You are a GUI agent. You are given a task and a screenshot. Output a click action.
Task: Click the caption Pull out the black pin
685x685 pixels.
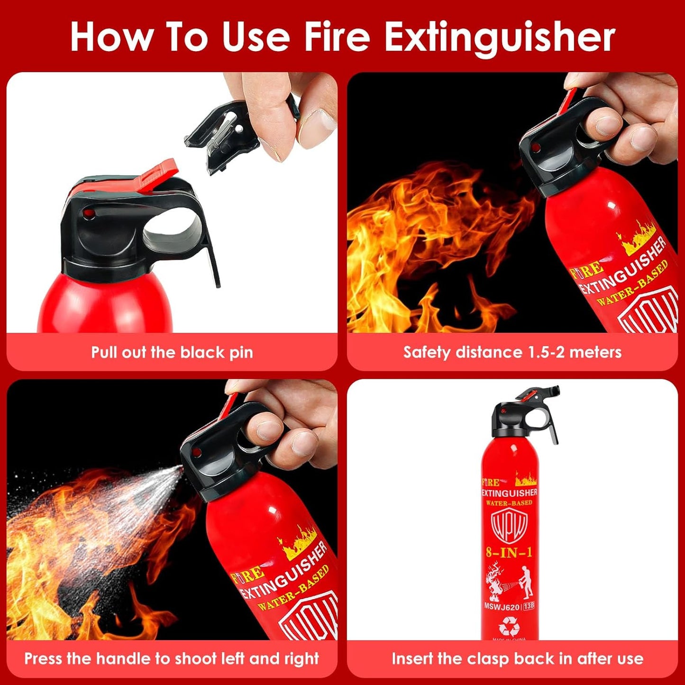click(172, 353)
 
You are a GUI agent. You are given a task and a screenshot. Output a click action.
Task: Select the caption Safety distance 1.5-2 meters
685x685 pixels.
click(512, 352)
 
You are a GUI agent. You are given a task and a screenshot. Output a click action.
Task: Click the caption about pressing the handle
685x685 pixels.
click(172, 658)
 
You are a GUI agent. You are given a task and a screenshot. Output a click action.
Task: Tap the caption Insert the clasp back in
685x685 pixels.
click(517, 658)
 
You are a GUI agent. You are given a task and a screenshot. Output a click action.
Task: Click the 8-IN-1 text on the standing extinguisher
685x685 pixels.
click(509, 552)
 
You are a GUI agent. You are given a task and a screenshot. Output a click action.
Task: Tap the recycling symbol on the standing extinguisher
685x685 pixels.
click(509, 628)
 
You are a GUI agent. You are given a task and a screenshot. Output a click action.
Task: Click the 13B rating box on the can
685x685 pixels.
click(529, 606)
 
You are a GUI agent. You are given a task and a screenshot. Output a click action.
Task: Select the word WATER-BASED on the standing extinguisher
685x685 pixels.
click(509, 503)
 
